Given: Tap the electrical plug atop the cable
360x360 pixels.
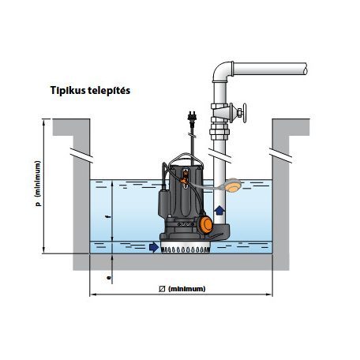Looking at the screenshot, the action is point(192,117).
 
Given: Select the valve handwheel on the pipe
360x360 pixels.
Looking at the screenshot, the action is point(245,113).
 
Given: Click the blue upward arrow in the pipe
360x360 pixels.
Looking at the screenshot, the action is point(219,211).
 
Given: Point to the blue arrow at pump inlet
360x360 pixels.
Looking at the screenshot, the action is point(154,247).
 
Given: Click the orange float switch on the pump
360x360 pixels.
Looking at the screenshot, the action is point(205,224).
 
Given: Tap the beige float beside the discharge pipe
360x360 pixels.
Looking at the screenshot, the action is point(233,185).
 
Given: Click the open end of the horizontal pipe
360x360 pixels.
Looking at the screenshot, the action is point(305,69).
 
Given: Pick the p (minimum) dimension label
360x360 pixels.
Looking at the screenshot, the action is point(38,183).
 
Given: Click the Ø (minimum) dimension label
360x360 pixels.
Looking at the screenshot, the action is point(182,289).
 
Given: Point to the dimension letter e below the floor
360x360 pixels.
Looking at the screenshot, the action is point(109,277).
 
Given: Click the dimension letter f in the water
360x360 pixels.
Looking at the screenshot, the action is point(107,217).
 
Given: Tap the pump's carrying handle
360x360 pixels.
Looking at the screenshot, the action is point(186,159).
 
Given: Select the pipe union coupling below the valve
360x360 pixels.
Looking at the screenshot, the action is point(219,131).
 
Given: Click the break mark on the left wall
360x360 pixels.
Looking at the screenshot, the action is point(81,156).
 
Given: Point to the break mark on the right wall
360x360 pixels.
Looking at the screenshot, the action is point(280,156).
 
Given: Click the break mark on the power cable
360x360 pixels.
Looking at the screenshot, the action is point(193,136).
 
